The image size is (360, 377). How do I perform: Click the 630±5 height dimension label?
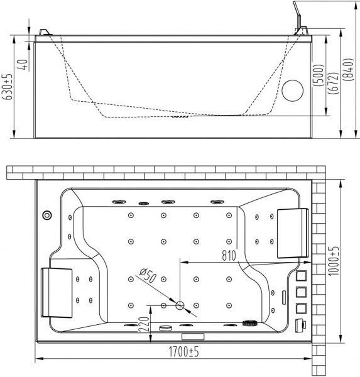(8, 87)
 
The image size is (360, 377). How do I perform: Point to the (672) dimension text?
(334, 83)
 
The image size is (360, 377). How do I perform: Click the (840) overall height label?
(349, 70)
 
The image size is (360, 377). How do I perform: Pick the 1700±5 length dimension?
(183, 352)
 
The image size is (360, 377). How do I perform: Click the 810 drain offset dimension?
(229, 256)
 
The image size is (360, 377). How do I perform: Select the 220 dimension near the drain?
(144, 325)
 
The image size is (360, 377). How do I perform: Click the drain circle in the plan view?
(180, 305)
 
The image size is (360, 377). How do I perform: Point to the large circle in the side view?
(292, 90)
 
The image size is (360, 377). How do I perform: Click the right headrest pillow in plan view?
(293, 233)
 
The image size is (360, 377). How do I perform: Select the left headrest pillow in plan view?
(57, 293)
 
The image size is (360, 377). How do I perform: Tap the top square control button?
(302, 276)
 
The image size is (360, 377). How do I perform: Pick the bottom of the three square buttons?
(302, 309)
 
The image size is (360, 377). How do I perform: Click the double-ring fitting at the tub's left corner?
(47, 215)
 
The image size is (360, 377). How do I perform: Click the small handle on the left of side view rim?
(45, 33)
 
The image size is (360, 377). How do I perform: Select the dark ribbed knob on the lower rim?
(249, 323)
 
